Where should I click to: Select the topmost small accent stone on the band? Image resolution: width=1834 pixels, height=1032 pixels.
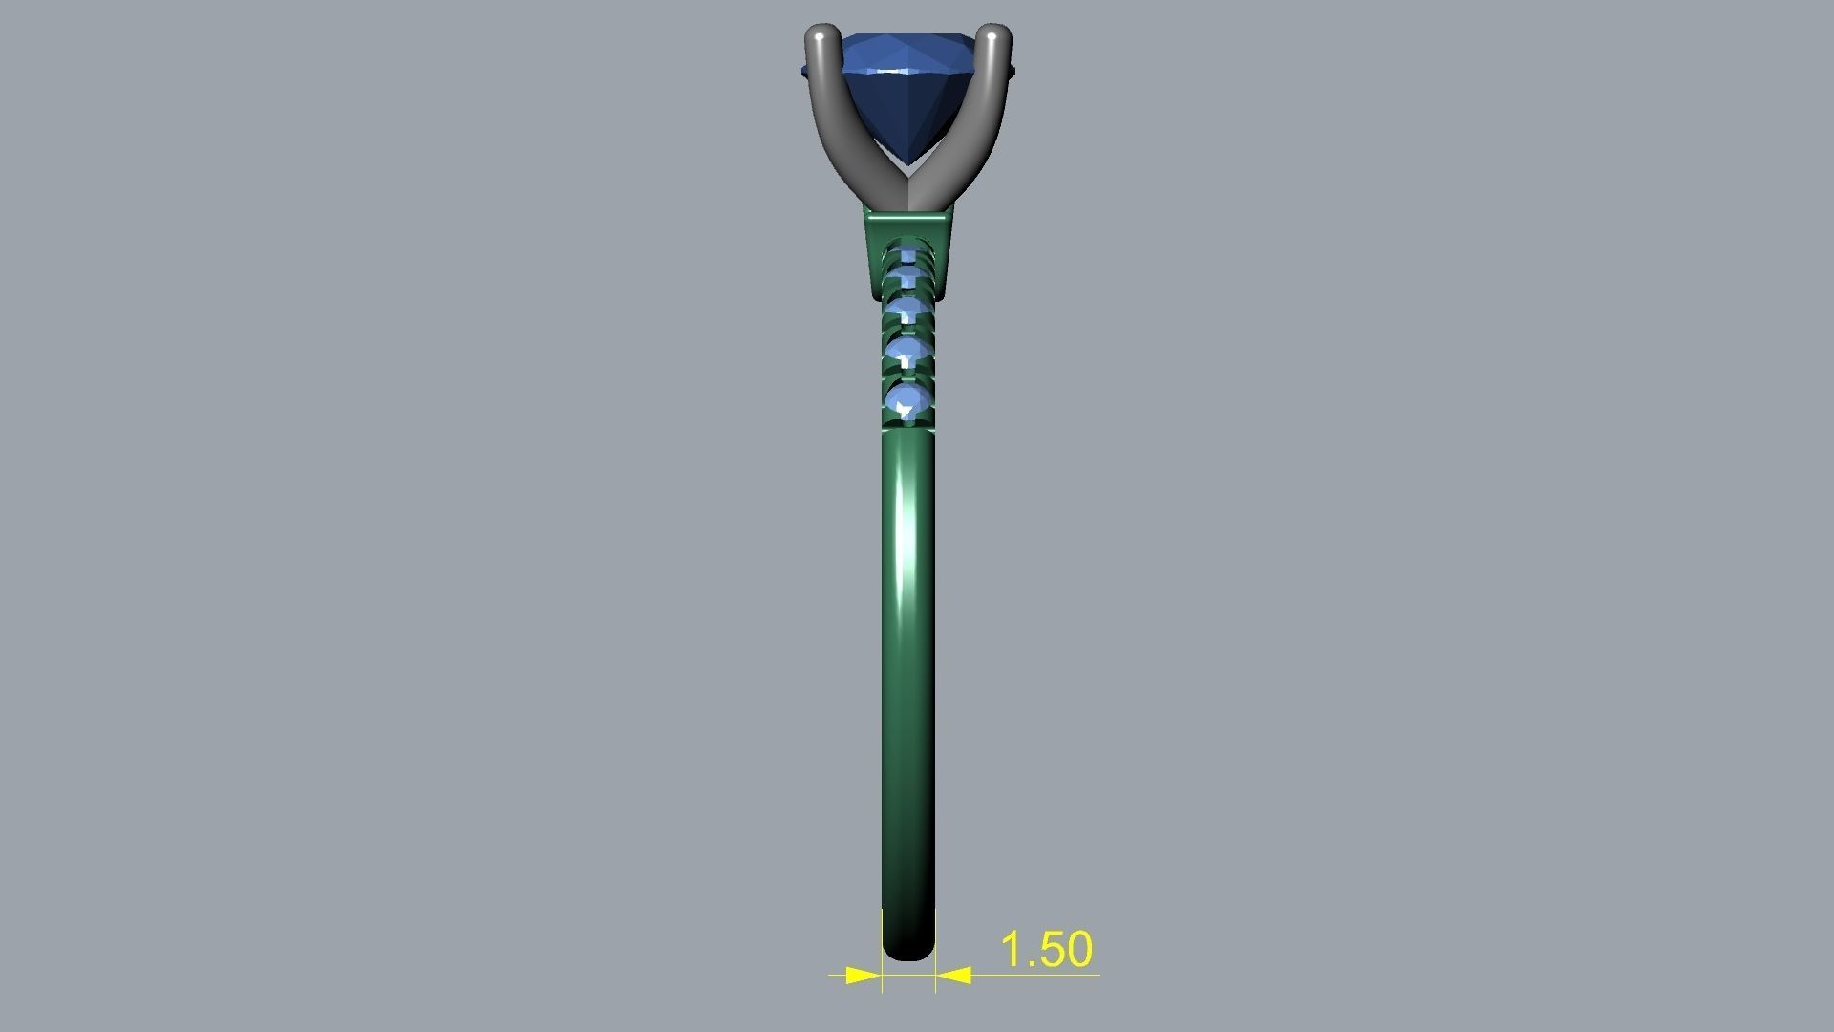[906, 253]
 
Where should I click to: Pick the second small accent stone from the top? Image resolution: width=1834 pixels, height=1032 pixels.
[906, 277]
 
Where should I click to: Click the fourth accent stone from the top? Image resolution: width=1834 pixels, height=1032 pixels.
[906, 352]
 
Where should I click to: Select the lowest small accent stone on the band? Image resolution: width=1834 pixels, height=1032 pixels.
[907, 400]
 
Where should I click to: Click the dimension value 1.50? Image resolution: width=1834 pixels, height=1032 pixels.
[1046, 949]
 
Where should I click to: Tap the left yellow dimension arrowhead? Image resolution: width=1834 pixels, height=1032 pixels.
[864, 976]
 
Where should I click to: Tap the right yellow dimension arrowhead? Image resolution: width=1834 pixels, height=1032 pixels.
[953, 976]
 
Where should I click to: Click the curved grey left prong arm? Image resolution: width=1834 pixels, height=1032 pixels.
[836, 124]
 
